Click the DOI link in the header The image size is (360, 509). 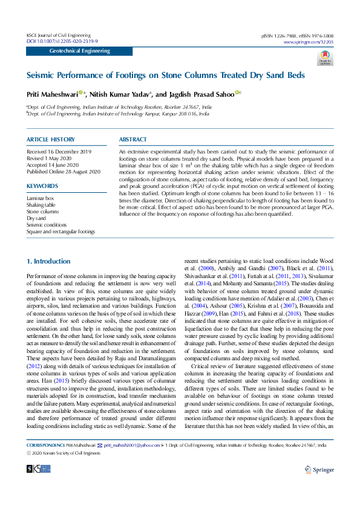[62, 41]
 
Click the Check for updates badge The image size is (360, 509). [325, 58]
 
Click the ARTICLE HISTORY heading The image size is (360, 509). [51, 140]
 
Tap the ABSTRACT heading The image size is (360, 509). [133, 140]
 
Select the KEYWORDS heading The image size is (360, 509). [42, 186]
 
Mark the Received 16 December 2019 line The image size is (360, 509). [59, 151]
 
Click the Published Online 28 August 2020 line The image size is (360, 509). [64, 172]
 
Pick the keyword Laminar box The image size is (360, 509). [41, 198]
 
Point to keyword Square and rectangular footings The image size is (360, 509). [61, 232]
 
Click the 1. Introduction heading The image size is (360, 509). [48, 261]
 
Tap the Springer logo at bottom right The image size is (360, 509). [319, 468]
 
